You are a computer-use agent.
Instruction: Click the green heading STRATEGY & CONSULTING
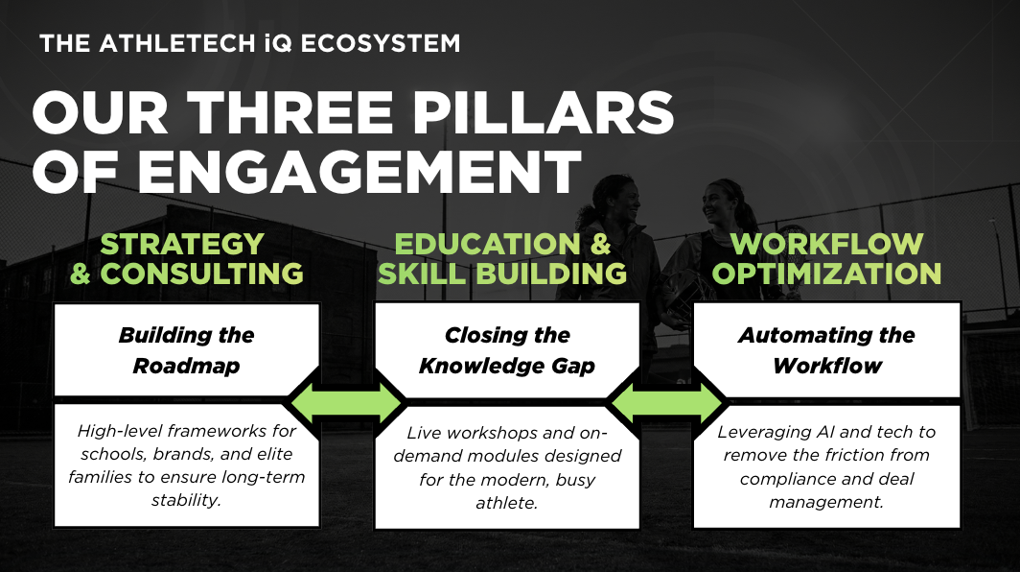(187, 258)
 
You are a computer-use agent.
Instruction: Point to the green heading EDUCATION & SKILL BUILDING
(503, 258)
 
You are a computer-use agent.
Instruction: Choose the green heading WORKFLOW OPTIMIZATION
(826, 258)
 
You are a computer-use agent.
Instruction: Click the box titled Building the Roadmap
(187, 350)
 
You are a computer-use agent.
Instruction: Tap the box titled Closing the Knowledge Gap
(507, 350)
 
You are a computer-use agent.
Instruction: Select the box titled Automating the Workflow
(826, 350)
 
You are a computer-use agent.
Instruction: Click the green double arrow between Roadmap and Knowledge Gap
(347, 402)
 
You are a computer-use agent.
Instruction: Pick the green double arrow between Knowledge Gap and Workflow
(667, 402)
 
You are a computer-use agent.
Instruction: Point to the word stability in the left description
(187, 499)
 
